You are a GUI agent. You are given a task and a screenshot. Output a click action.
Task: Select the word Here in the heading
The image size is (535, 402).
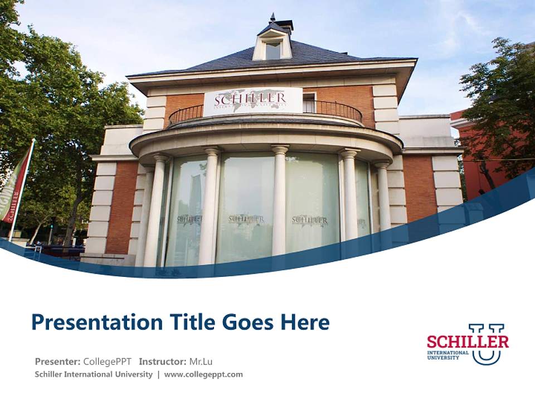(x=305, y=322)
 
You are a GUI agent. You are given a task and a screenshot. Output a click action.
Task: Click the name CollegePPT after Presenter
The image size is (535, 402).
(x=107, y=361)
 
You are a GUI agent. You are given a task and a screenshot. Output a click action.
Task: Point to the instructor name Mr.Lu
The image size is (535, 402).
(x=201, y=361)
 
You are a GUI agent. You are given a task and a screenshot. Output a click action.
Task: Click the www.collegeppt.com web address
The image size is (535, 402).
(x=203, y=374)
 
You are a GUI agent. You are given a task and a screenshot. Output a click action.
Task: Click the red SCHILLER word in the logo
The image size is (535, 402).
(x=467, y=341)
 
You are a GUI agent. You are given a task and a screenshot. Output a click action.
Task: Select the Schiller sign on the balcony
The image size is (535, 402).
(x=252, y=101)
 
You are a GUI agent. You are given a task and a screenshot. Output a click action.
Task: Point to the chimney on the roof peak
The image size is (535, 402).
(x=284, y=25)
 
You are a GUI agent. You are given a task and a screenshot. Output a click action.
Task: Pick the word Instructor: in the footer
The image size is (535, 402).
(x=162, y=361)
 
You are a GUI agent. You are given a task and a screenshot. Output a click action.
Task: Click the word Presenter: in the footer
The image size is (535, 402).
(x=58, y=361)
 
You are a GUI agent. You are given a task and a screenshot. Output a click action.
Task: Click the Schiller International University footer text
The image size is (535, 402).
(x=93, y=374)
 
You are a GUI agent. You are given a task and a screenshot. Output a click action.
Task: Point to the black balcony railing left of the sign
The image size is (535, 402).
(x=186, y=114)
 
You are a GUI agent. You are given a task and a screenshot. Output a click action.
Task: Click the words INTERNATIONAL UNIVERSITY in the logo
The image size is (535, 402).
(x=448, y=355)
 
